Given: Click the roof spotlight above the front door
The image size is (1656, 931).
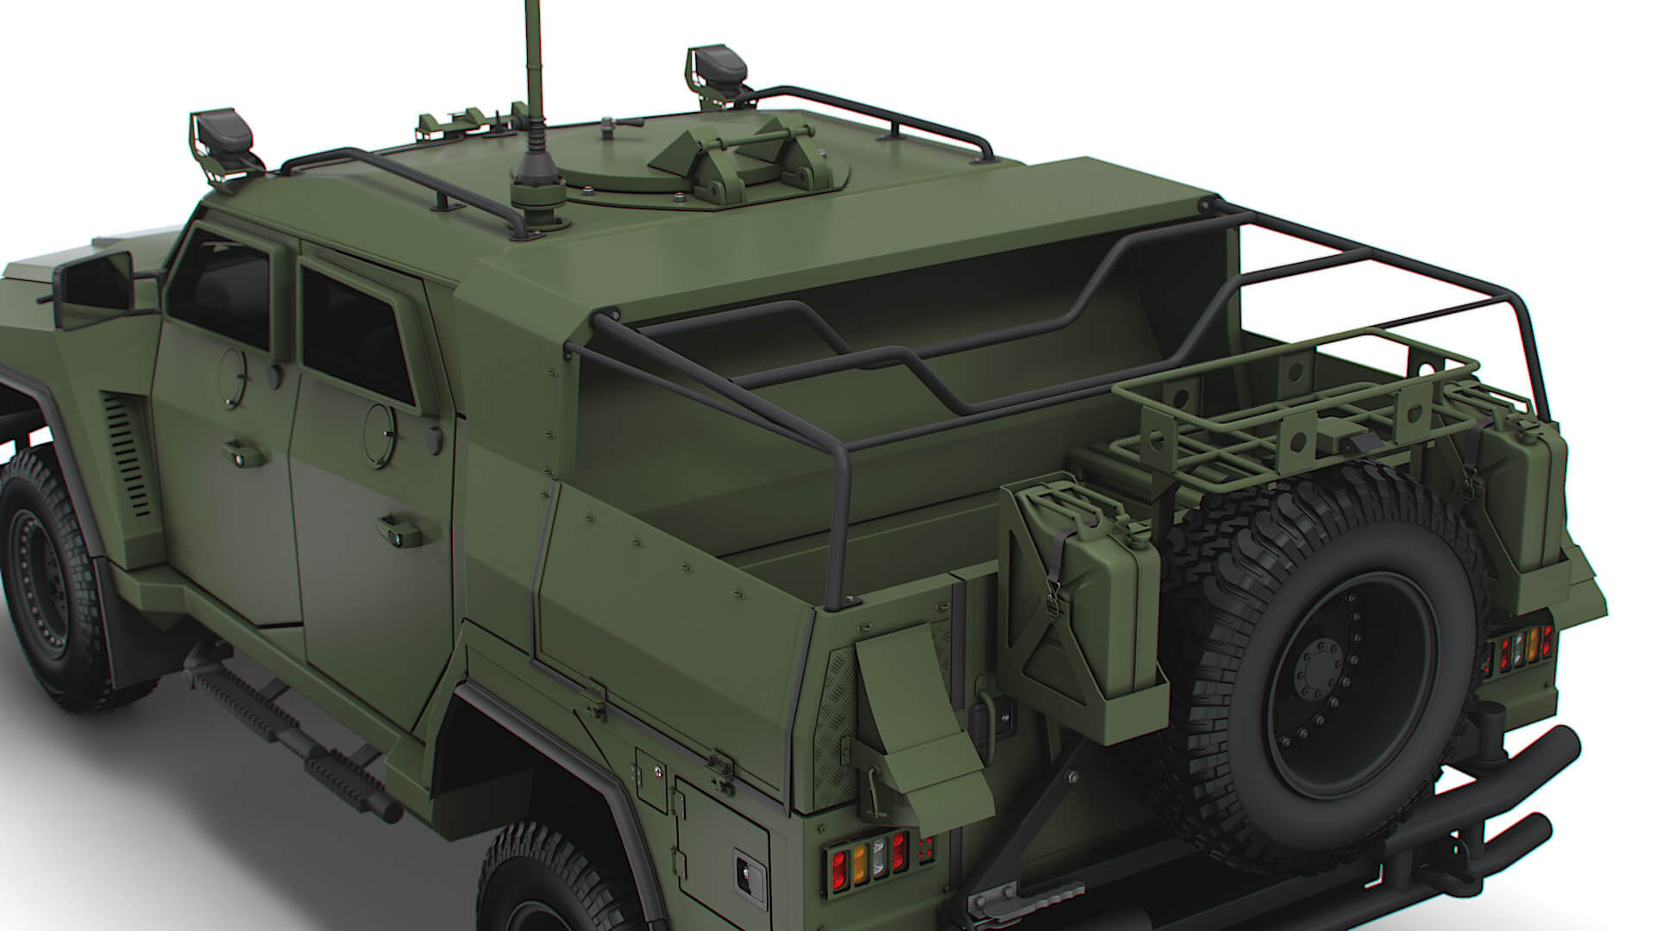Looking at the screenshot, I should (x=222, y=138).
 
